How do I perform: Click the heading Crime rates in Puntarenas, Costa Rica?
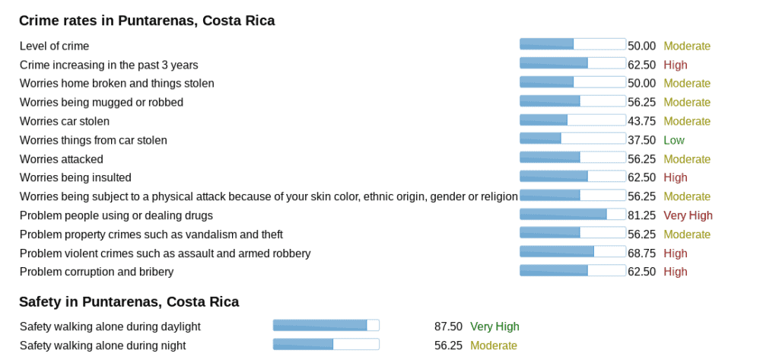tap(147, 21)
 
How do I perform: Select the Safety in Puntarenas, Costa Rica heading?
tap(129, 301)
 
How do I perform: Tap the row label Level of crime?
tap(54, 46)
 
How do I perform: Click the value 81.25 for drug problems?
tap(641, 215)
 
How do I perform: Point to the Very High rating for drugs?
tap(688, 215)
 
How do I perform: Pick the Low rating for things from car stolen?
tap(673, 140)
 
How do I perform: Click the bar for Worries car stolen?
tap(572, 120)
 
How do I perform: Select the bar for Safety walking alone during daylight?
tap(326, 326)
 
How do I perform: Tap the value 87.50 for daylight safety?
tap(448, 327)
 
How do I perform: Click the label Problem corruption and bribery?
tap(97, 272)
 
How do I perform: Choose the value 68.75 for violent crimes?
tap(641, 253)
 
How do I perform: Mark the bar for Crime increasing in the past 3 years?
tap(572, 64)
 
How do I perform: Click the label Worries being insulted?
tap(75, 177)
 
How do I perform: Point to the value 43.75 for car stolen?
tap(641, 121)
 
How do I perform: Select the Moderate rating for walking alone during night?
tap(494, 346)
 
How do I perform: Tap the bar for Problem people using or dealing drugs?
tap(572, 215)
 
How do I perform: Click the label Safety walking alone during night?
tap(103, 346)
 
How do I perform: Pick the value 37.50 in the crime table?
tap(641, 140)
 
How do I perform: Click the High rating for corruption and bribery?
tap(675, 272)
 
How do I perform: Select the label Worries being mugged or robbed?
tap(101, 102)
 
